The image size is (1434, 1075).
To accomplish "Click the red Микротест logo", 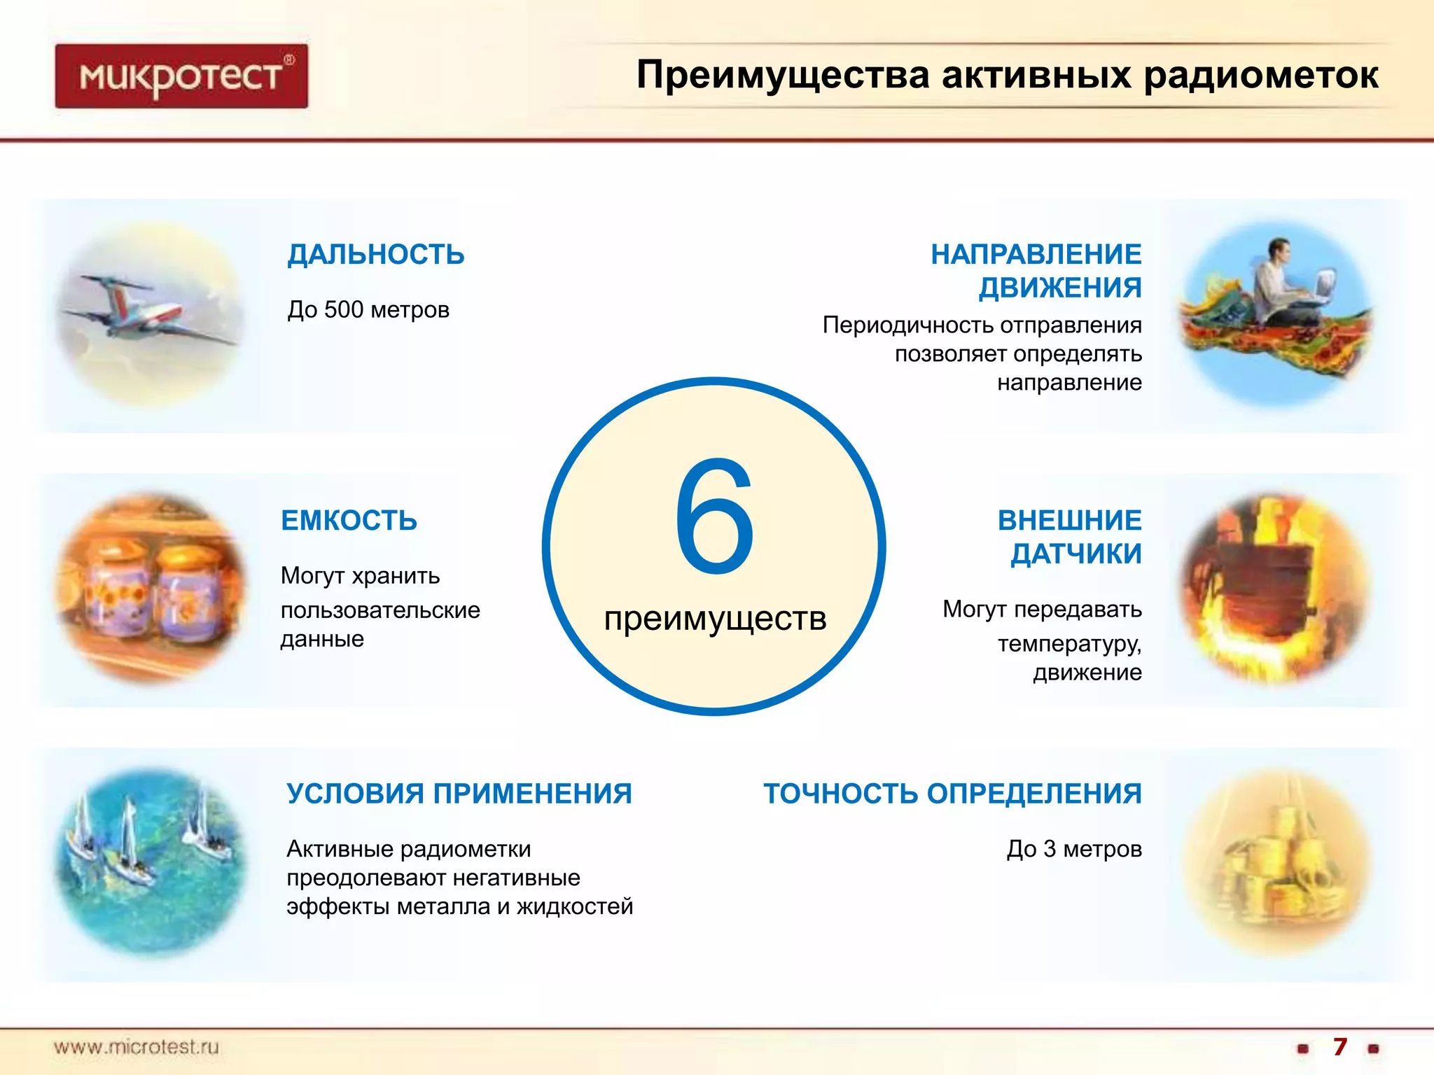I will coord(181,76).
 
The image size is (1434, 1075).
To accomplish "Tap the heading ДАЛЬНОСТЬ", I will coord(376,254).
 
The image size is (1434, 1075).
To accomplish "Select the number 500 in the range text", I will coord(344,309).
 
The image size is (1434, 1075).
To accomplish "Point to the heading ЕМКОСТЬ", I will coord(349,520).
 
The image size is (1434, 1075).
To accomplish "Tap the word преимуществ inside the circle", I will coord(715,619).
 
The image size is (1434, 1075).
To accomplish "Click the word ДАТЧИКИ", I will coord(1075,554).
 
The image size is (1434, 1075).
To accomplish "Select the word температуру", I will coord(1069,643).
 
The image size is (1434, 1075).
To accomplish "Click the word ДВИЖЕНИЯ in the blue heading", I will coord(1059,288).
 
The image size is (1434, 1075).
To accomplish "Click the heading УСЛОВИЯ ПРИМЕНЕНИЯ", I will coord(459,793).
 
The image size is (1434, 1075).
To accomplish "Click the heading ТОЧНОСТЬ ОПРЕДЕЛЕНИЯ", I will coord(952,793).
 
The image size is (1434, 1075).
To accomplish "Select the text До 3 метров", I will coord(1073,848).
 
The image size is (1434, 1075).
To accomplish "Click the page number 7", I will coord(1339,1047).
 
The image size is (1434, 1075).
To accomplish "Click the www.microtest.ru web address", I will coord(137,1047).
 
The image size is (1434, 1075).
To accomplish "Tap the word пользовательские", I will coord(380,610).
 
